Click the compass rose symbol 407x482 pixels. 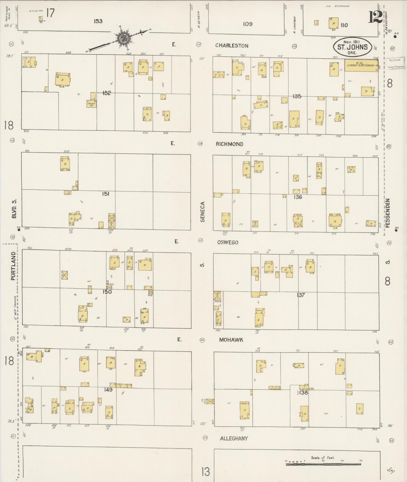coord(123,38)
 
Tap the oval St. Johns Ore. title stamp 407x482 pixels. coord(352,47)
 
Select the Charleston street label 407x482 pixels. coord(232,46)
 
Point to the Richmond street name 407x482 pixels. coord(229,144)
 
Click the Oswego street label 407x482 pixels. coord(228,242)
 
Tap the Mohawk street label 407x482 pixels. coord(231,340)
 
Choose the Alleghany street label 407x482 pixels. coord(234,438)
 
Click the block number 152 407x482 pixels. coord(106,93)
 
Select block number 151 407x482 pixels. coord(105,194)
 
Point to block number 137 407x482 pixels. coord(301,295)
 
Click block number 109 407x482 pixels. coord(248,24)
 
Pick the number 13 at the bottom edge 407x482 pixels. coord(206,471)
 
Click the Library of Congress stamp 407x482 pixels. coord(395,63)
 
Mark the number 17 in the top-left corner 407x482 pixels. coord(50,13)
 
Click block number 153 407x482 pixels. coord(98,21)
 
